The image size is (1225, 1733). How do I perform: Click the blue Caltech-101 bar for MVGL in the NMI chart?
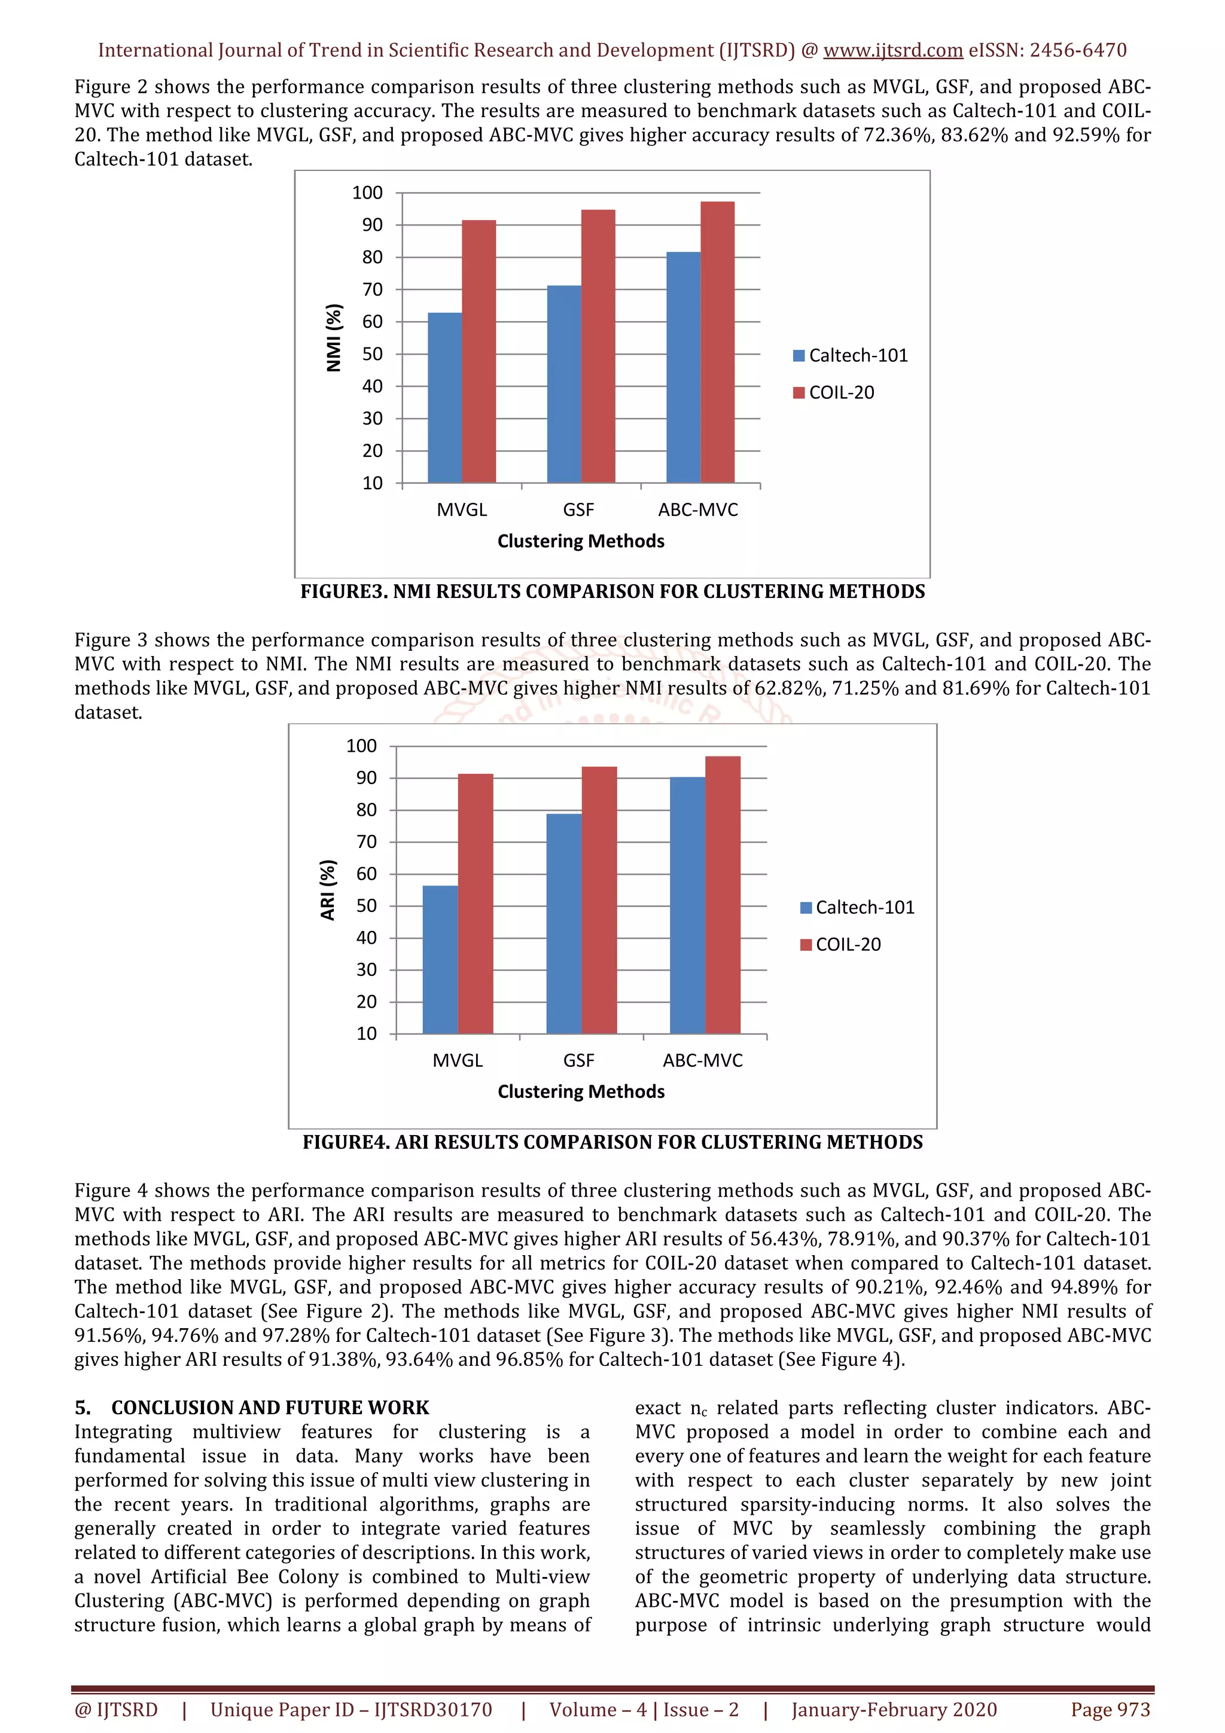(x=444, y=398)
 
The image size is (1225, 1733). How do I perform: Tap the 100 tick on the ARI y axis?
(x=361, y=746)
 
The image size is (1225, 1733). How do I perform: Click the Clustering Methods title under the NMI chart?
(x=580, y=541)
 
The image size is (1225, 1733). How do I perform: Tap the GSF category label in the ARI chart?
(x=578, y=1060)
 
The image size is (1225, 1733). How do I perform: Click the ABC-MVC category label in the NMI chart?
(x=697, y=509)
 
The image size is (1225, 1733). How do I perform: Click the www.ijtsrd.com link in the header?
(x=892, y=51)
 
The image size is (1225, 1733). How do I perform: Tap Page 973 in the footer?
(x=1110, y=1710)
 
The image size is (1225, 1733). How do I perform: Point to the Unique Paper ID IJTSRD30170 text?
(x=351, y=1710)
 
